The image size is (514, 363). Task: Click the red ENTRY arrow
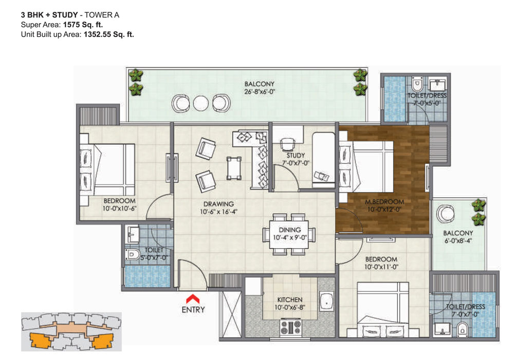click(193, 299)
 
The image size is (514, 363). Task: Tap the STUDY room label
click(296, 155)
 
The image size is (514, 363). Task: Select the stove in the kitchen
click(290, 327)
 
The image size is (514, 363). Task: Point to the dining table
click(290, 234)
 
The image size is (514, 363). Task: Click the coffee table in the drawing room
click(234, 168)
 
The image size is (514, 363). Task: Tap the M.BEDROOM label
click(384, 202)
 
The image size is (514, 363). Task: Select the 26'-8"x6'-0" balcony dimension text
click(260, 92)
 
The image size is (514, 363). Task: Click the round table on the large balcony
click(200, 103)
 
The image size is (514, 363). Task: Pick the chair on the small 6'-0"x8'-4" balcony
click(446, 214)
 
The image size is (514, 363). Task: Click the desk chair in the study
click(287, 144)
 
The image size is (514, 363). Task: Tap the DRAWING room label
click(218, 204)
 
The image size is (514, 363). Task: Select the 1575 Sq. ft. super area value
click(83, 25)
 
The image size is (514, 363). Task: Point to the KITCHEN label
click(290, 300)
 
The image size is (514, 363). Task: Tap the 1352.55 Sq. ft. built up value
click(109, 34)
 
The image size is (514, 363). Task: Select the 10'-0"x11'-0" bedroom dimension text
click(381, 267)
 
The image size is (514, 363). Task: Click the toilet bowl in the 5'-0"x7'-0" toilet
click(131, 254)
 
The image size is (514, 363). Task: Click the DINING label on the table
click(290, 230)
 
